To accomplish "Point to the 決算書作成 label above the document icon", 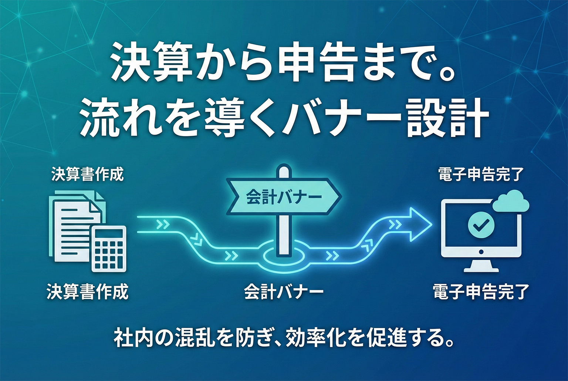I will pos(87,174).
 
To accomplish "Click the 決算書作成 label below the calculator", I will pos(87,291).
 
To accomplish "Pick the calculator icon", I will pos(108,248).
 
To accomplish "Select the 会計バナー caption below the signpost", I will pos(284,291).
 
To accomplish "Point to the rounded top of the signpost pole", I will pos(284,171).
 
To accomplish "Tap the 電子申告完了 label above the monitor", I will pos(481,174).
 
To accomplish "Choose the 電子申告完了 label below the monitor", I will pos(481,291).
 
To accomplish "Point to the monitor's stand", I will pos(481,264).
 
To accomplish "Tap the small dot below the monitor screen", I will pos(481,252).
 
